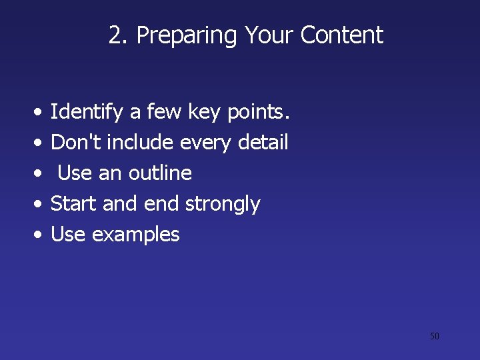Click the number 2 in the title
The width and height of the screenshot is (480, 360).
[x=116, y=35]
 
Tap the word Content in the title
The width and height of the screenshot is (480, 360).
[x=342, y=35]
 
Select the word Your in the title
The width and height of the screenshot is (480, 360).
[x=270, y=35]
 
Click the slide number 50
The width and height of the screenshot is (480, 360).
[x=434, y=336]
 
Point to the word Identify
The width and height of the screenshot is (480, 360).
[x=87, y=113]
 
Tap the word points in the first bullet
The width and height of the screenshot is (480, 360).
[x=258, y=113]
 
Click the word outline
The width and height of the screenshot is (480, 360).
[x=160, y=173]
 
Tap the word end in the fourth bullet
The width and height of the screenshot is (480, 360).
[x=163, y=203]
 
